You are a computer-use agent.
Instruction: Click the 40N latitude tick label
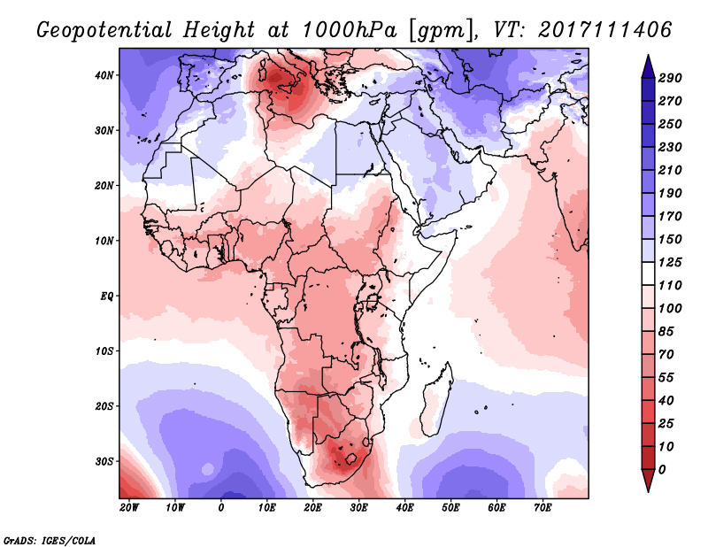click(104, 75)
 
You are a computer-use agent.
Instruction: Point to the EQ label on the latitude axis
click(106, 297)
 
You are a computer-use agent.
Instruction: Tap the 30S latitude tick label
click(104, 462)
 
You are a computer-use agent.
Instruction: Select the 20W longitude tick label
click(129, 508)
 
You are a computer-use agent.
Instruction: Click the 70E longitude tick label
click(543, 508)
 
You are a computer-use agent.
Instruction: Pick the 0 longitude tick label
click(220, 508)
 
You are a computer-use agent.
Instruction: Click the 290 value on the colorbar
click(670, 78)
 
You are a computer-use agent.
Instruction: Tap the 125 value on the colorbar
click(670, 262)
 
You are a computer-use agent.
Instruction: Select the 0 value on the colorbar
click(662, 470)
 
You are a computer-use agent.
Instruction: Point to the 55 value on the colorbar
click(666, 378)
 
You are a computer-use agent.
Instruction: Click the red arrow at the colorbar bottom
click(648, 481)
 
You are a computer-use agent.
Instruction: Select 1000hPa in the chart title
click(349, 30)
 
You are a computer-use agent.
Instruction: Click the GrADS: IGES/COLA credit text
click(50, 540)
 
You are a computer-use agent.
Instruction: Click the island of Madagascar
click(436, 399)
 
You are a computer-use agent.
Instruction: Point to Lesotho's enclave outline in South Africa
click(350, 460)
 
